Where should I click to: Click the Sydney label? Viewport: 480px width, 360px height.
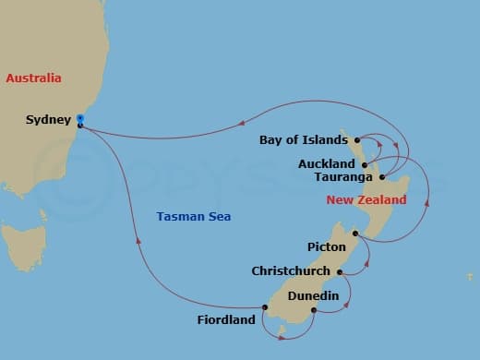(x=48, y=120)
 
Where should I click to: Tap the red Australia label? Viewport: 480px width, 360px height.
(x=33, y=78)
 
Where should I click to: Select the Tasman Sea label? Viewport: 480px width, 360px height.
(x=193, y=216)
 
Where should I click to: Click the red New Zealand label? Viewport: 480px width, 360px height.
(x=366, y=199)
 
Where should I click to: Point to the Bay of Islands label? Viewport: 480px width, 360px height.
(x=304, y=140)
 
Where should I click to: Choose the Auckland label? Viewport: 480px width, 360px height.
(x=327, y=163)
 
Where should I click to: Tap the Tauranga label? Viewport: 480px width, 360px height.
(x=343, y=176)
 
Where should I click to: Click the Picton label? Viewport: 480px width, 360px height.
(x=327, y=247)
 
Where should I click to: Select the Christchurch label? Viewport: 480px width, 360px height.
(x=292, y=271)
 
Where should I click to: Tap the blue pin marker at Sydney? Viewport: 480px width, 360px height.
(x=80, y=119)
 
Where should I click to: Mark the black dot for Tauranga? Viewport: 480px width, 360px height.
(x=381, y=175)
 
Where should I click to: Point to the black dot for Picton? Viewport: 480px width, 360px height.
(x=354, y=234)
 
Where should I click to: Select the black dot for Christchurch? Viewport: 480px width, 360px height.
(x=340, y=271)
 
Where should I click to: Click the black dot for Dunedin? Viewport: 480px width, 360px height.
(x=314, y=309)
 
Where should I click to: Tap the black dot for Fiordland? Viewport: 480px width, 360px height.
(x=264, y=308)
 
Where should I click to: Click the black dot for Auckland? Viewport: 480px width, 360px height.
(x=365, y=164)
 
